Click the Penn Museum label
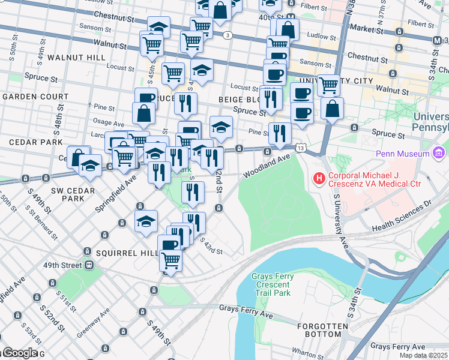point(402,154)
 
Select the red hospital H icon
point(319,179)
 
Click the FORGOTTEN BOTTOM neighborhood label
point(322,329)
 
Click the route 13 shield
point(301,148)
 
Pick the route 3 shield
point(228,35)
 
